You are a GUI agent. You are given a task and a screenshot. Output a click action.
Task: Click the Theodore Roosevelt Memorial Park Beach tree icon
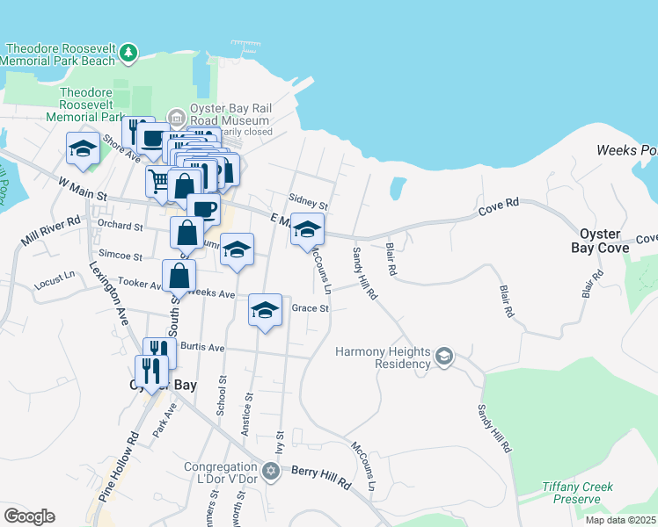point(129,54)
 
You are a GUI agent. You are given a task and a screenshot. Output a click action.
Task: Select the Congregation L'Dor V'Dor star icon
point(271,472)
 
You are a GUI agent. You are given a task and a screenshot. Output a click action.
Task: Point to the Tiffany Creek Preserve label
point(577,493)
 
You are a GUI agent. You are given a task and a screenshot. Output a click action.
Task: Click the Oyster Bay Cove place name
point(605,242)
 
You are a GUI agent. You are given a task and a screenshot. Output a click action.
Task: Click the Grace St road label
point(310,308)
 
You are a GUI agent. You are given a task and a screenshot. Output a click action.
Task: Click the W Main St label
point(82,187)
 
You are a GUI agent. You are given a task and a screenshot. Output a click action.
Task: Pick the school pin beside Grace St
point(265,310)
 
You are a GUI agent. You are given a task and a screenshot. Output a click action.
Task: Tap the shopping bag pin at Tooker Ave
point(179,274)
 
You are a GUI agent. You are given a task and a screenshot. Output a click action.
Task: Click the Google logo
point(29,516)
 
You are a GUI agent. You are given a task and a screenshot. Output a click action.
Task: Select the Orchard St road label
point(121,226)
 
